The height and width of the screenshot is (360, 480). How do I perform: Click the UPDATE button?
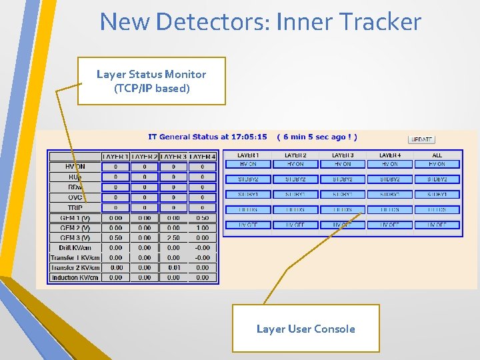(421, 140)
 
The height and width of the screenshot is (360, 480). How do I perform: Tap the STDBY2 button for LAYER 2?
(295, 179)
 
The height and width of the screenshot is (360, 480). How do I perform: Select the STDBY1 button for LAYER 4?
(390, 195)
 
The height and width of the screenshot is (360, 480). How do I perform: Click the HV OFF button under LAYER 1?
(248, 225)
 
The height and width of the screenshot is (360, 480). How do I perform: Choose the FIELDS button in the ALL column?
(437, 210)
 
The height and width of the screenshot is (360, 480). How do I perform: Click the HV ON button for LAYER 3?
(343, 164)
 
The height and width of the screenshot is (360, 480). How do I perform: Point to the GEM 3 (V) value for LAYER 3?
(173, 238)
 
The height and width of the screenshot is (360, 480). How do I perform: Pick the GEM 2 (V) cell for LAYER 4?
(203, 228)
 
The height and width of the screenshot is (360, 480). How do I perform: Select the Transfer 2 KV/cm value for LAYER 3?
(173, 268)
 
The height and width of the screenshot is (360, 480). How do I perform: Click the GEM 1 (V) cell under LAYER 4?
(203, 218)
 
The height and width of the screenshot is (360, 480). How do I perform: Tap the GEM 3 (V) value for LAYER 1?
(116, 238)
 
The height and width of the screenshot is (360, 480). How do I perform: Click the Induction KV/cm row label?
(75, 278)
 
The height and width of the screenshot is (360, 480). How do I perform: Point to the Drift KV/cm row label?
(75, 248)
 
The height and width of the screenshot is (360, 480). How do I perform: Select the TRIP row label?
(75, 208)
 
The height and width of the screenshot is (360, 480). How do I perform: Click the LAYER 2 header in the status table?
(145, 157)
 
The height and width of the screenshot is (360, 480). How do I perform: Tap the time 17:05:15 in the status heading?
(253, 137)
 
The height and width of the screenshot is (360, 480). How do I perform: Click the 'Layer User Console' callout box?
(305, 329)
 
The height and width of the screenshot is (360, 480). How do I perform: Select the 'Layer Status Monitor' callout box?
(151, 81)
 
